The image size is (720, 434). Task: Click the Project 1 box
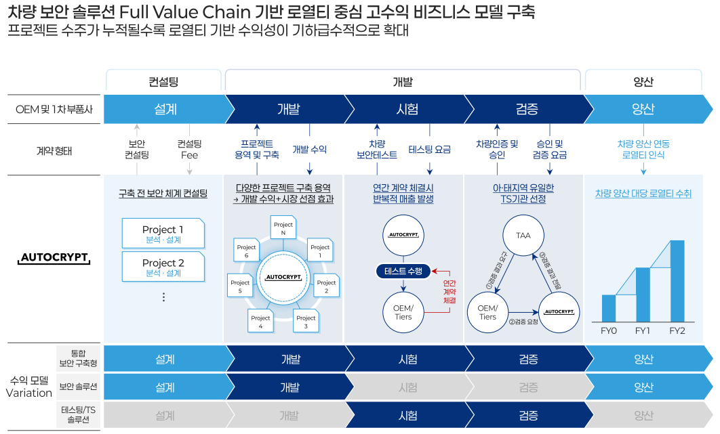[x=163, y=233]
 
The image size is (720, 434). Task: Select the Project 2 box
[x=163, y=267]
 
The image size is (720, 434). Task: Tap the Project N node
[x=283, y=228]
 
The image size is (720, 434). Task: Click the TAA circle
[x=523, y=236]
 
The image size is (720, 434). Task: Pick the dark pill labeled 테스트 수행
[x=403, y=272]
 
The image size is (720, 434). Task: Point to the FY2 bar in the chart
[x=677, y=280]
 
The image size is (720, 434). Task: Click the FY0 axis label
[x=609, y=331]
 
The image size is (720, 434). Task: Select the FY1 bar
[x=643, y=295]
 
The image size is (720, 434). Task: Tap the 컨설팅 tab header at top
[x=163, y=82]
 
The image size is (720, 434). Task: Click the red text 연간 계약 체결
[x=449, y=291]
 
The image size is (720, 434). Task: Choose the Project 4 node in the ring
[x=260, y=322]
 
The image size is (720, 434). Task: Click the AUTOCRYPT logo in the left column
[x=55, y=258]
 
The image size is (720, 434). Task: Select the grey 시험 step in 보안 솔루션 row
[x=407, y=387]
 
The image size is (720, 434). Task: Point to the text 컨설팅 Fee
[x=189, y=150]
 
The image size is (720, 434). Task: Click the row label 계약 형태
[x=54, y=150]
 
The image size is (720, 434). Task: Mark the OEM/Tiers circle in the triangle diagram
[x=487, y=313]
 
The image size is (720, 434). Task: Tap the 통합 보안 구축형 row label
[x=78, y=358]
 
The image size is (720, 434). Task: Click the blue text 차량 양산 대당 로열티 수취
[x=643, y=194]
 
